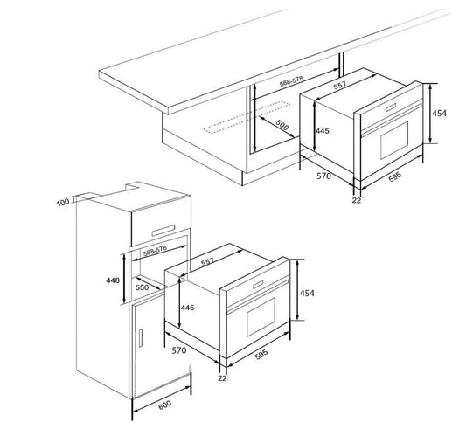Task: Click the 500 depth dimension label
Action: point(282,125)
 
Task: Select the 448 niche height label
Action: point(113,280)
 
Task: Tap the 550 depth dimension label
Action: point(142,287)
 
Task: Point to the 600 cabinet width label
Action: point(164,405)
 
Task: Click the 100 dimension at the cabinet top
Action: point(63,202)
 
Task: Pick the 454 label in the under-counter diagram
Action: point(439,114)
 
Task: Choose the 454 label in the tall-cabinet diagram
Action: point(307,293)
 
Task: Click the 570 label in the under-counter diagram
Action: point(323,176)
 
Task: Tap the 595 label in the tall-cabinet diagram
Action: point(261,355)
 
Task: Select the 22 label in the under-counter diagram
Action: point(357,200)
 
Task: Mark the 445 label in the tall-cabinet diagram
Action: point(187,308)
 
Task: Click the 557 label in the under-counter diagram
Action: point(339,86)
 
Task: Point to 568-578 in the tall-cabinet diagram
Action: point(155,251)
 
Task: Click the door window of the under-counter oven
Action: point(394,140)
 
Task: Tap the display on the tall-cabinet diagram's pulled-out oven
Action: point(258,285)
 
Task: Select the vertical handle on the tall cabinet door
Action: point(141,338)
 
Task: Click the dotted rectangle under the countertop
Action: point(247,117)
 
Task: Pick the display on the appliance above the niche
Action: point(163,231)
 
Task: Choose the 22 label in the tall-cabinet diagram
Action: point(222,378)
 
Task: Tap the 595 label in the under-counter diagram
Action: point(395,177)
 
